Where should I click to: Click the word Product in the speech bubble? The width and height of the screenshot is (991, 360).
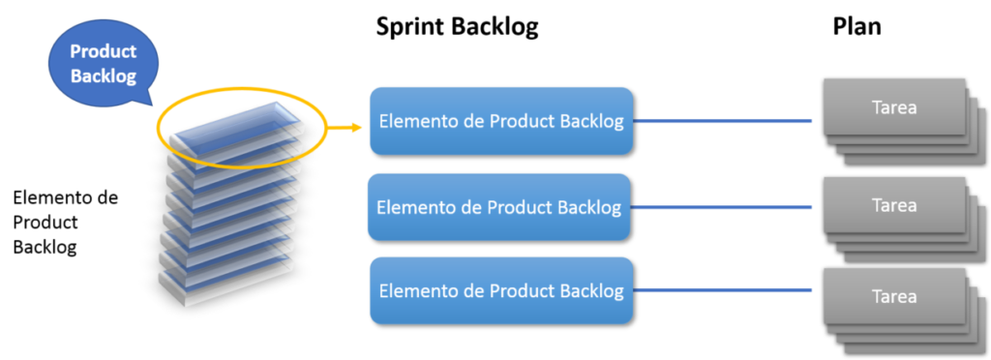tap(103, 51)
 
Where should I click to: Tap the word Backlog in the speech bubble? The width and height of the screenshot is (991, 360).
tap(103, 75)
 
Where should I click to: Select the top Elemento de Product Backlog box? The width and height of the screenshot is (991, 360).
tap(500, 121)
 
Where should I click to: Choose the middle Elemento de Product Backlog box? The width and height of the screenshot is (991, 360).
tap(498, 207)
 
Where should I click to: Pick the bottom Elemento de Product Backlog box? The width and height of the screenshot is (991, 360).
tap(500, 290)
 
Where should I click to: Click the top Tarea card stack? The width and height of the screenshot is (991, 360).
tap(894, 108)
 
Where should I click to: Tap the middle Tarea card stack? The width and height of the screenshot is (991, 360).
tap(894, 207)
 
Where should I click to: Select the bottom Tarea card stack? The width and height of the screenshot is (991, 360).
tap(894, 297)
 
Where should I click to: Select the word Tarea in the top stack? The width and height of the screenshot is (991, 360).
tap(894, 107)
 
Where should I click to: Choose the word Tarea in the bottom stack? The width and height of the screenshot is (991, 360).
tap(894, 297)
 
